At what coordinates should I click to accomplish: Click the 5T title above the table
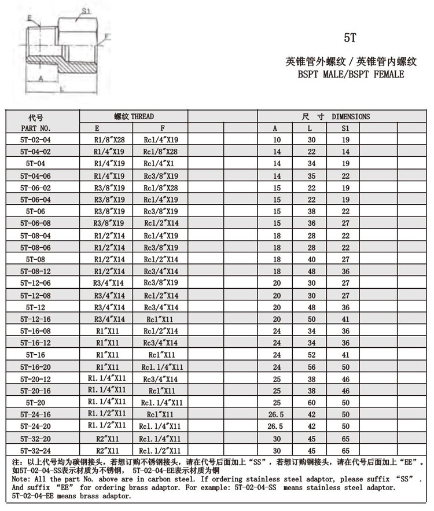coord(351,39)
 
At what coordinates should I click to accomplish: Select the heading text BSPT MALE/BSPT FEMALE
coord(351,74)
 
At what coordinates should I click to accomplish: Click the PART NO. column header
coord(36,128)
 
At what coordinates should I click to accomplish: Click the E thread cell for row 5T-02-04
coord(109,139)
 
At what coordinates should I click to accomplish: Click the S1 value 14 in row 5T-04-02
coord(345,152)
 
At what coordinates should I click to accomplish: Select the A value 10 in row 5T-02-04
coord(277,139)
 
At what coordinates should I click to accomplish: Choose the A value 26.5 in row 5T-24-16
coord(277,414)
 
